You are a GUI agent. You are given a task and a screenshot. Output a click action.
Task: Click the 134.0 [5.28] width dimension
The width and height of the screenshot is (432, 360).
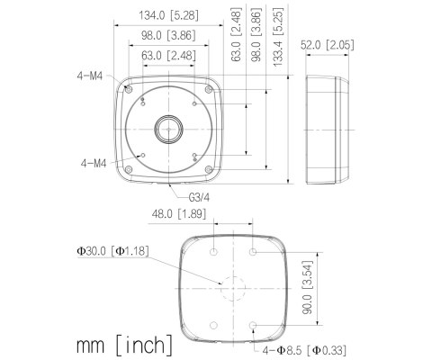(x=168, y=15)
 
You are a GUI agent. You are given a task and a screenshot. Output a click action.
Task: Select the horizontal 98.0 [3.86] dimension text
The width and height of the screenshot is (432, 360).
(x=168, y=35)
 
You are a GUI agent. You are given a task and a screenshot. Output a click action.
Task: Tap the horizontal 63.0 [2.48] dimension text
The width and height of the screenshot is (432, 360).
(x=168, y=56)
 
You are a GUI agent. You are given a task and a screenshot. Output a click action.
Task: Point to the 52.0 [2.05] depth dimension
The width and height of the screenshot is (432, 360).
(x=328, y=45)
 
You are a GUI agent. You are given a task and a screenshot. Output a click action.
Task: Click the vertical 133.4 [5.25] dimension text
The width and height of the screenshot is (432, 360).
(x=278, y=37)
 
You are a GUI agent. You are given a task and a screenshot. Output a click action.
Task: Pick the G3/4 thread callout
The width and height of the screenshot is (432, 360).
(x=199, y=197)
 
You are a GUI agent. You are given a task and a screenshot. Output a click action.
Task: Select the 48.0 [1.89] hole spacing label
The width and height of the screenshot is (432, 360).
(x=179, y=214)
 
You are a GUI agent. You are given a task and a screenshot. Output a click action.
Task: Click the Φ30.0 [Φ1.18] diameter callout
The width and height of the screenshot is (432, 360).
(x=112, y=251)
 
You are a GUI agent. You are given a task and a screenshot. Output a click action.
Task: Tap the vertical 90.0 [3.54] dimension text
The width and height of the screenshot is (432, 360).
(x=307, y=287)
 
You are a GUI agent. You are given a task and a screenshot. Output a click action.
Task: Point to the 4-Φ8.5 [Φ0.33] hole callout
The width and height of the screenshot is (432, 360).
(x=304, y=350)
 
